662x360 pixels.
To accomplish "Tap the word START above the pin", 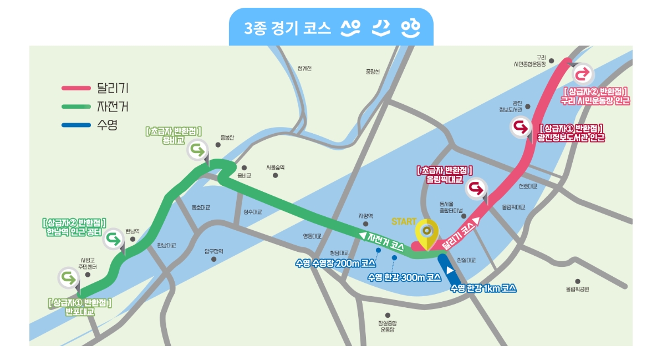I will (404, 221).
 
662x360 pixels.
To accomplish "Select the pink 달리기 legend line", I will (76, 88).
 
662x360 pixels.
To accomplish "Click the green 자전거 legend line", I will (76, 106).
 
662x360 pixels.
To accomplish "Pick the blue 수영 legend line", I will (76, 125).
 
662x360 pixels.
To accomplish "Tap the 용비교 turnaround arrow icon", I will (198, 149).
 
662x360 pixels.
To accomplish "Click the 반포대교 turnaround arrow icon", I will (69, 276).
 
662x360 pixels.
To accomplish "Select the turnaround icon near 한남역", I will (113, 239).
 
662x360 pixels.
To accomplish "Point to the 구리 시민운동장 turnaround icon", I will (582, 74).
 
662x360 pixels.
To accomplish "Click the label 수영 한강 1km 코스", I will (483, 288).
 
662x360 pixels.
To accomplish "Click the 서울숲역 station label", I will (275, 167).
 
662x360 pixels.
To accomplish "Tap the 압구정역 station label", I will (213, 251).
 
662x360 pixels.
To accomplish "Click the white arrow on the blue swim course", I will (451, 270).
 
